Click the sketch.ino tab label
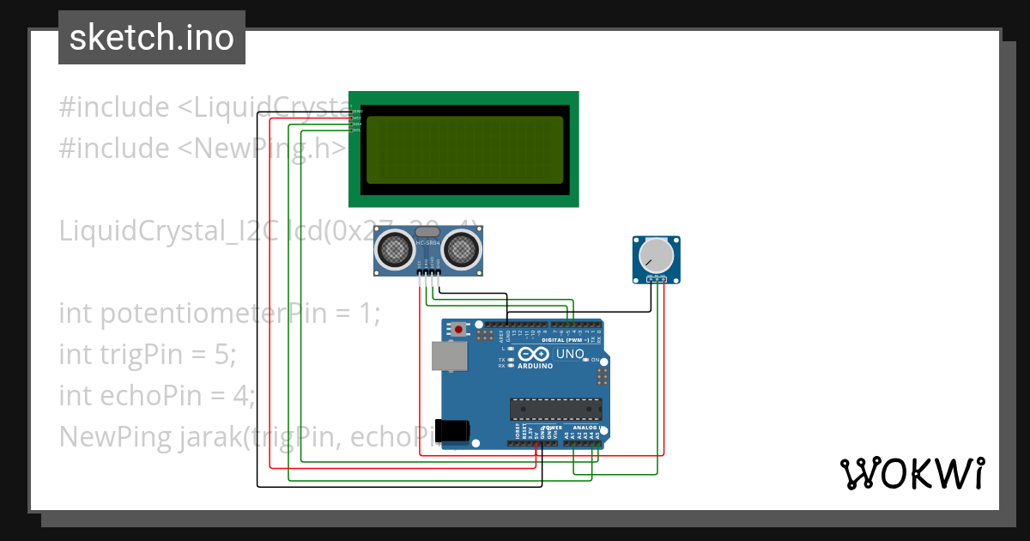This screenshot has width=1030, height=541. coord(151,38)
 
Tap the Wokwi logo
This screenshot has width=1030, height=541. coord(912,473)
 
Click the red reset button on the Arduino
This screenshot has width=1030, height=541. coord(459,329)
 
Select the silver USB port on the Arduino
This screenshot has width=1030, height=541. coord(445,356)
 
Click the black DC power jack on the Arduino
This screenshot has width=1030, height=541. coord(451,431)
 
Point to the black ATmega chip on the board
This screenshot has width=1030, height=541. coord(555,409)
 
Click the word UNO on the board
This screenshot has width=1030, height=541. coord(570,354)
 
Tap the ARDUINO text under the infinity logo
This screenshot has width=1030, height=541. coord(534,365)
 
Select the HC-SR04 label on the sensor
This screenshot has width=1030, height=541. coord(427,243)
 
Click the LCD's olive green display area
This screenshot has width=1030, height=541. coord(464,149)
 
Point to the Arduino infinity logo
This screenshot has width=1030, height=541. coord(533,354)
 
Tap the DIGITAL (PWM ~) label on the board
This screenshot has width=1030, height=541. coord(571,340)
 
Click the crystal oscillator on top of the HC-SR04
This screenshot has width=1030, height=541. coord(427,232)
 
